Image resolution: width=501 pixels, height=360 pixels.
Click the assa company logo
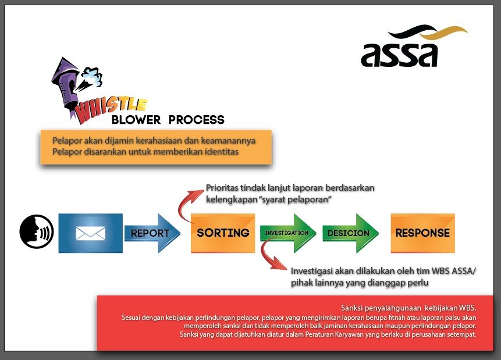coord(414,46)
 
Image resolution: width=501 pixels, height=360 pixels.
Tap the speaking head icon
coord(37,231)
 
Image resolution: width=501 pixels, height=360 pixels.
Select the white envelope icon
coord(90,233)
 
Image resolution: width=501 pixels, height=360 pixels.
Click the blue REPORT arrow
coord(152,233)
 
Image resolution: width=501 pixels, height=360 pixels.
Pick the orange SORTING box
coord(223,233)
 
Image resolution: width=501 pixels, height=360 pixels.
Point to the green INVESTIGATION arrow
coord(288,233)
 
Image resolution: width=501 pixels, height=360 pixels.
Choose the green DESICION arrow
coord(350,233)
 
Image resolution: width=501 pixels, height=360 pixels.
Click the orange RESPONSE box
coord(422,233)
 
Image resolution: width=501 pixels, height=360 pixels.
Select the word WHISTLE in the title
coord(110,109)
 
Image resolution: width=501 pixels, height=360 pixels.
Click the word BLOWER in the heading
coord(136,120)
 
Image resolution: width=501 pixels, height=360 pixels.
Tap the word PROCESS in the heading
coord(197,120)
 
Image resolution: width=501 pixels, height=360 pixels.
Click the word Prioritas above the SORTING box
coord(222,188)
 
